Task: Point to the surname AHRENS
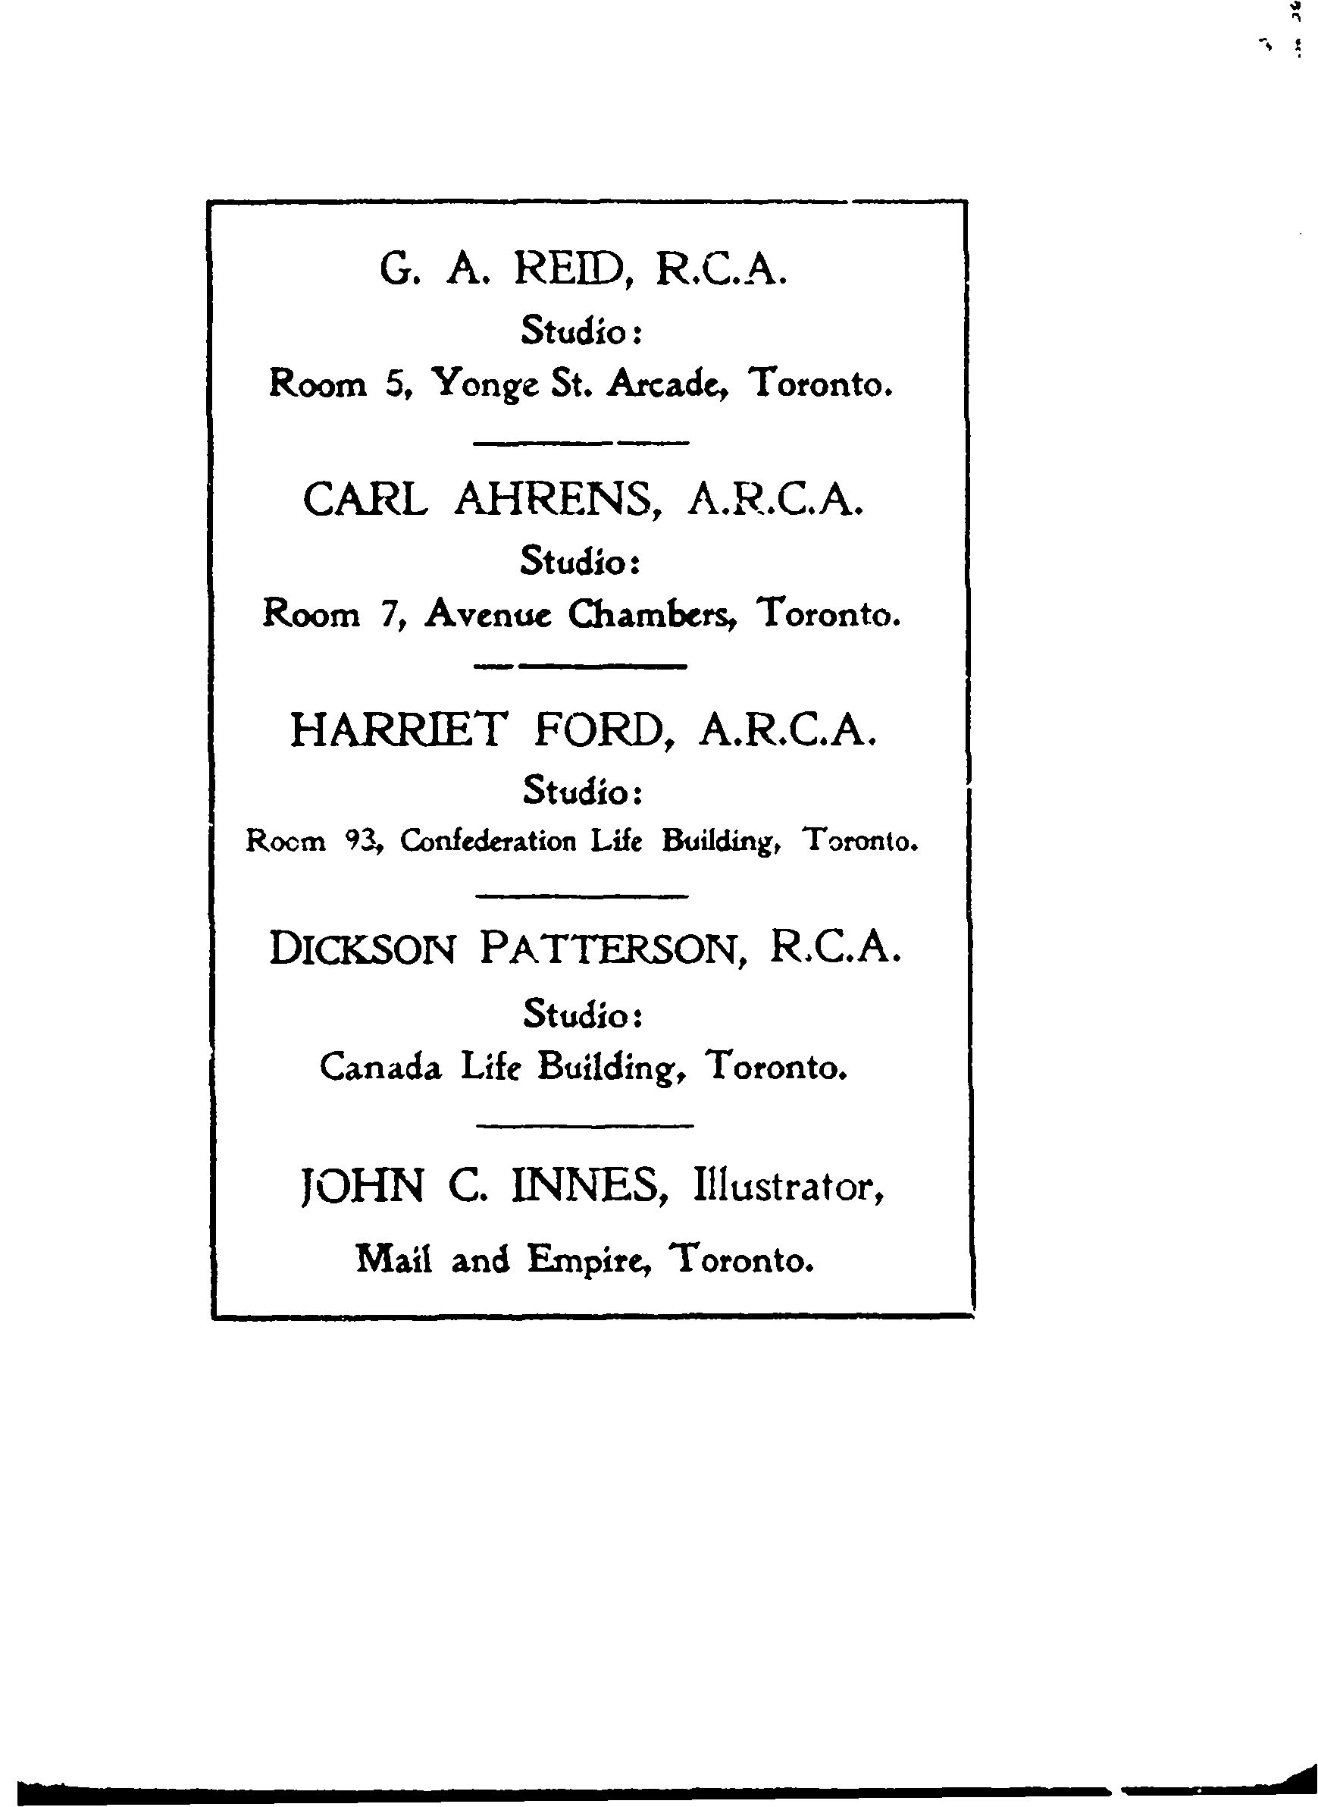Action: (558, 500)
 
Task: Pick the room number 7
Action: (389, 613)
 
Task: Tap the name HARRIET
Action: (397, 729)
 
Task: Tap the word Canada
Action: (380, 1067)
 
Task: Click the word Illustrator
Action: (788, 1187)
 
